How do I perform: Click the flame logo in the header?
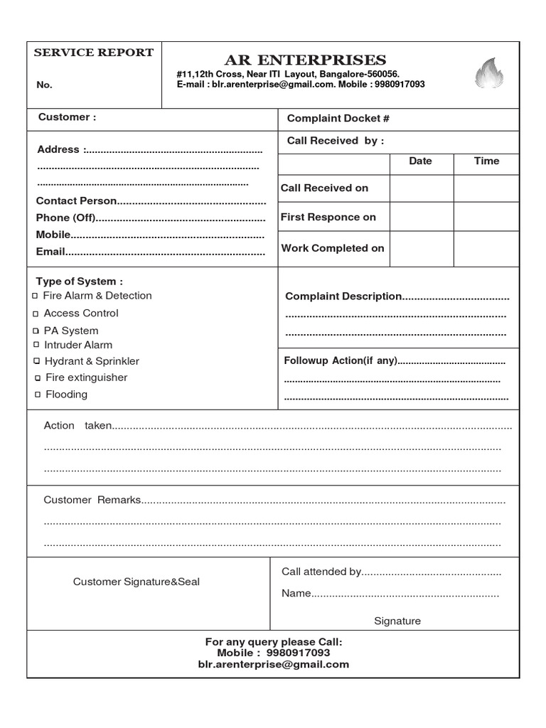click(x=489, y=75)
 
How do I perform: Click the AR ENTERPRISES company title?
click(x=305, y=60)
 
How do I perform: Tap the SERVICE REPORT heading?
click(x=94, y=53)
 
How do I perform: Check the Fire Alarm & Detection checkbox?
click(x=36, y=296)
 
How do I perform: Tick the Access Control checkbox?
click(x=36, y=314)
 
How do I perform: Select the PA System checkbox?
click(x=36, y=331)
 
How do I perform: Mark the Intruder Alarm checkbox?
click(x=36, y=346)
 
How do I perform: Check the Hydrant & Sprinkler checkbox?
click(x=36, y=362)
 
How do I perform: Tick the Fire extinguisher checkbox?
click(x=37, y=378)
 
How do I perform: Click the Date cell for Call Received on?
click(x=421, y=188)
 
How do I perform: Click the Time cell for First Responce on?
click(x=486, y=217)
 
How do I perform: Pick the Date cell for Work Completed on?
click(x=421, y=248)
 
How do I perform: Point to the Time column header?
click(x=486, y=161)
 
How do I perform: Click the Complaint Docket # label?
click(x=338, y=119)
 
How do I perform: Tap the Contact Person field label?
click(x=76, y=201)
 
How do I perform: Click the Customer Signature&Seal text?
click(x=136, y=582)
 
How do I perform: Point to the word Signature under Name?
click(x=397, y=621)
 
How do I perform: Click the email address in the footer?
click(x=274, y=664)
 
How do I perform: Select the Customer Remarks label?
click(x=92, y=500)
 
